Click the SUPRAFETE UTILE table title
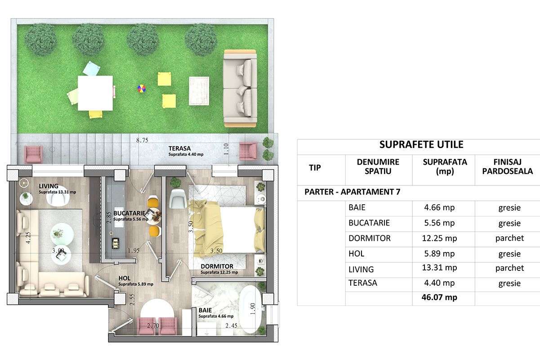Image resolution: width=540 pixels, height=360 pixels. pos(421,145)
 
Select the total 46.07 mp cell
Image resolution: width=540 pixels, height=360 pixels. pos(440,297)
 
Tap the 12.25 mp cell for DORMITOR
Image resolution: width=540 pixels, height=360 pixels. pos(440,238)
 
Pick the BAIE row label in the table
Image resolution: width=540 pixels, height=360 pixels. pos(357,208)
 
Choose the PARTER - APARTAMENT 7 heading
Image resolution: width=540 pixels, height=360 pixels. pos(352,192)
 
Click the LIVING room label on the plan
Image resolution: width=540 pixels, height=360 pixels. pos(49,186)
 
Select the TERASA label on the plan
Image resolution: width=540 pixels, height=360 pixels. pos(180,148)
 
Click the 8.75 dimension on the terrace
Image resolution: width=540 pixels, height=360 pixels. pos(142,140)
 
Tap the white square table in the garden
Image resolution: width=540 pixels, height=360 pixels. pos(95,93)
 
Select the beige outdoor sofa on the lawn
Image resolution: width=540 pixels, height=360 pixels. pos(240,88)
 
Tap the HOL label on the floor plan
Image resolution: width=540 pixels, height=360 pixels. pos(124,278)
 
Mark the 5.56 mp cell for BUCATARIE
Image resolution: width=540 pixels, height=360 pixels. pos(440,223)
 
